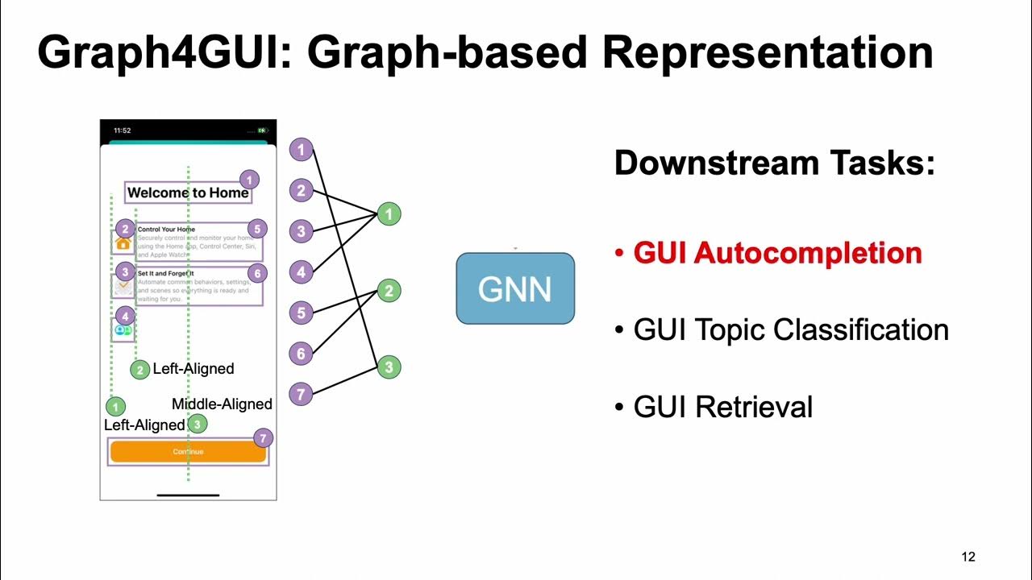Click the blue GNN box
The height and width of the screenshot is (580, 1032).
pos(515,288)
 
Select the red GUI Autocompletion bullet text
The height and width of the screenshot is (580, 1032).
pos(777,253)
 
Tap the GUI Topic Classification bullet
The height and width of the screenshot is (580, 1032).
pos(790,329)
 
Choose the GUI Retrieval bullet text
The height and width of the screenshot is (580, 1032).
pos(722,407)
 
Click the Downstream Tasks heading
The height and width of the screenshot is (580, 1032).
pos(774,163)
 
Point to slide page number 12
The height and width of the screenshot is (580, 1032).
pos(968,557)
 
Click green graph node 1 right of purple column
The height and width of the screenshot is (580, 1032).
pos(389,214)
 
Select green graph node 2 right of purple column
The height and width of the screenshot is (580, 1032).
pos(389,291)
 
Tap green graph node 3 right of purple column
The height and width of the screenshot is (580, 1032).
pos(389,367)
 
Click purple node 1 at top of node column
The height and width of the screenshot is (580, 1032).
pos(301,149)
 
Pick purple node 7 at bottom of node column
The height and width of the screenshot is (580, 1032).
pos(301,394)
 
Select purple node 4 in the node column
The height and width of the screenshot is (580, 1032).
pos(301,271)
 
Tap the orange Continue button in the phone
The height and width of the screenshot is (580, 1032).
pos(188,452)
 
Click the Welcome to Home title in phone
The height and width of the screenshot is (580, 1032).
pos(189,193)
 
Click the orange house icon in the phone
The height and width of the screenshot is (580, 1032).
pos(123,242)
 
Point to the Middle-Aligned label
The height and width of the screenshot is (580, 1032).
pos(222,404)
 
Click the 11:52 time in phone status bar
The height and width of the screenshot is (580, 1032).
pos(122,130)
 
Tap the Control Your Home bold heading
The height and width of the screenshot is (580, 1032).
pos(166,230)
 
